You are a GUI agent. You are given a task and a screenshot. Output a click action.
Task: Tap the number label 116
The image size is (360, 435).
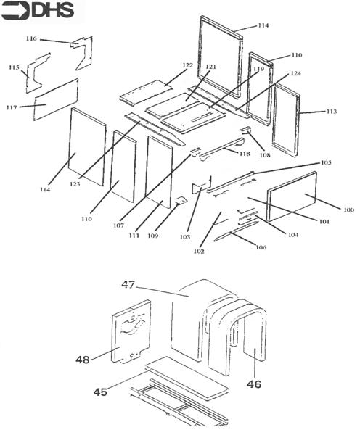coord(31,38)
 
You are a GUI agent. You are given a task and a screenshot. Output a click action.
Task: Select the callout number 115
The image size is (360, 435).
coord(13,67)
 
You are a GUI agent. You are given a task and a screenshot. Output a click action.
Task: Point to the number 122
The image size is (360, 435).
coord(187,65)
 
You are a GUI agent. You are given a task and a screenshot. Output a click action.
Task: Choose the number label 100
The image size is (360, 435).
coord(348,210)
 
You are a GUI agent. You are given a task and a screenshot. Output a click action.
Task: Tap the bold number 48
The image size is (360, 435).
coord(83,359)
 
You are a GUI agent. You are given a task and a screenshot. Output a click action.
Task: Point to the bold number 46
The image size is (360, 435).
coord(253,384)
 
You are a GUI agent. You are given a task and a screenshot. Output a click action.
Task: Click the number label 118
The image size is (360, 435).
coord(244,154)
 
